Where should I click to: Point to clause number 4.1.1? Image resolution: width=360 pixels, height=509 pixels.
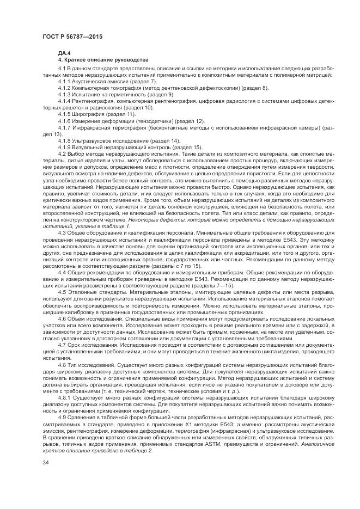[64, 81]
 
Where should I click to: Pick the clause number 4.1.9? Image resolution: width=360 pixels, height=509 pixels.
[64, 147]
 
